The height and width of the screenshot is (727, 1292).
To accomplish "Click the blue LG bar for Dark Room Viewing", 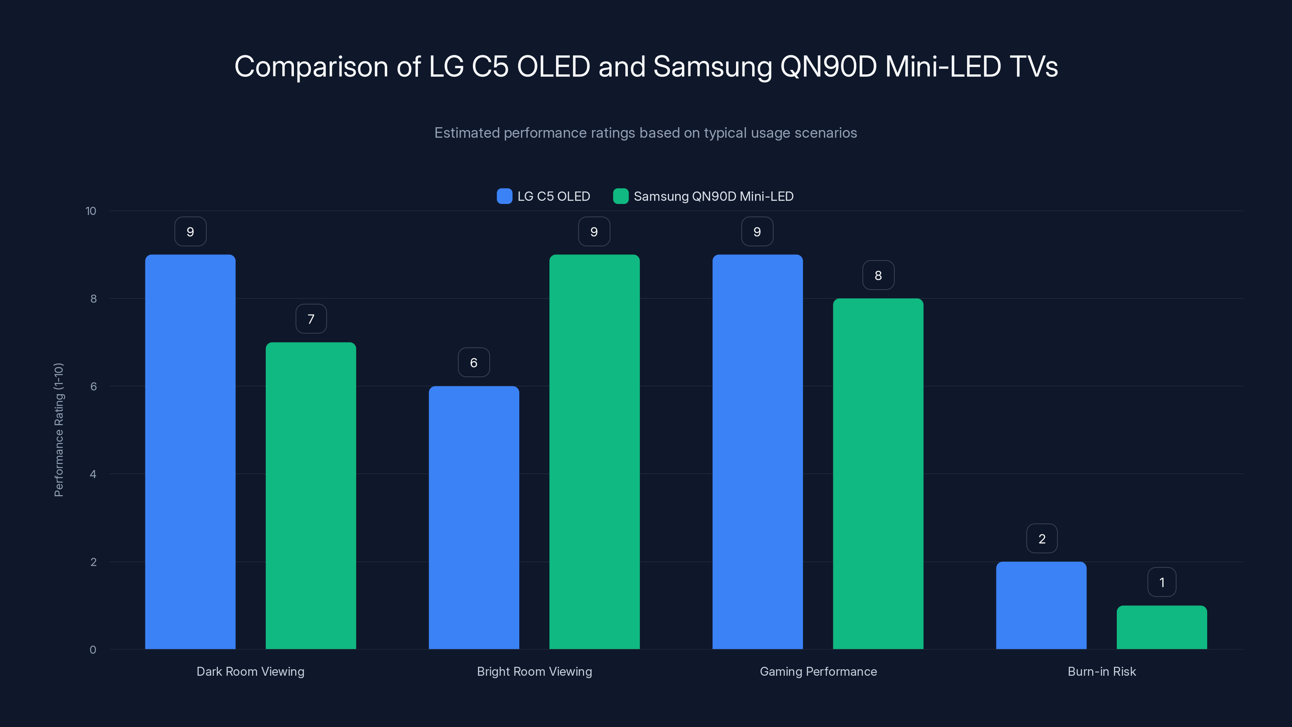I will (190, 452).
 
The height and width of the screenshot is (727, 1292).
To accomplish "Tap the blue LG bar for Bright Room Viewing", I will (474, 517).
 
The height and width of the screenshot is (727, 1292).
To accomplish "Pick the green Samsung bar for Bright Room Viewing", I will (594, 452).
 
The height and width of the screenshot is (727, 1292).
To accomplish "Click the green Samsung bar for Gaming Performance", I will (878, 474).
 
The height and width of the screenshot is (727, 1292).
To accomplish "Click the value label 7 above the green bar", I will (311, 319).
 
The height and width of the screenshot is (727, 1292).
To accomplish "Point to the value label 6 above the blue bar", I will (474, 362).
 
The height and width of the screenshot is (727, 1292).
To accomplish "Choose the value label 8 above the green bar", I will (878, 275).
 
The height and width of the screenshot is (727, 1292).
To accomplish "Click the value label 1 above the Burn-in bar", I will (1162, 582).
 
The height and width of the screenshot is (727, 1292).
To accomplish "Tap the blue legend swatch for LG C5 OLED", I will (504, 196).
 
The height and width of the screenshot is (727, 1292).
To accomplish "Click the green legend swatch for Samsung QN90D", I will (621, 196).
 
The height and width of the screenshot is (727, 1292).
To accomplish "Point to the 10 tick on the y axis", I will (91, 211).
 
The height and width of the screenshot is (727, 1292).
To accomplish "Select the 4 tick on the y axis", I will (93, 474).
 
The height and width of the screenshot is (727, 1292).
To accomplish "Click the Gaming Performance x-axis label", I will (818, 671).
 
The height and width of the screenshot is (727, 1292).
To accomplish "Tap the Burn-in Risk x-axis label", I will (1101, 671).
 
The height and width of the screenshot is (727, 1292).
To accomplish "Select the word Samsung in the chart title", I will (712, 67).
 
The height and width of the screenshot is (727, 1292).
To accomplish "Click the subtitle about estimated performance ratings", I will (646, 133).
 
